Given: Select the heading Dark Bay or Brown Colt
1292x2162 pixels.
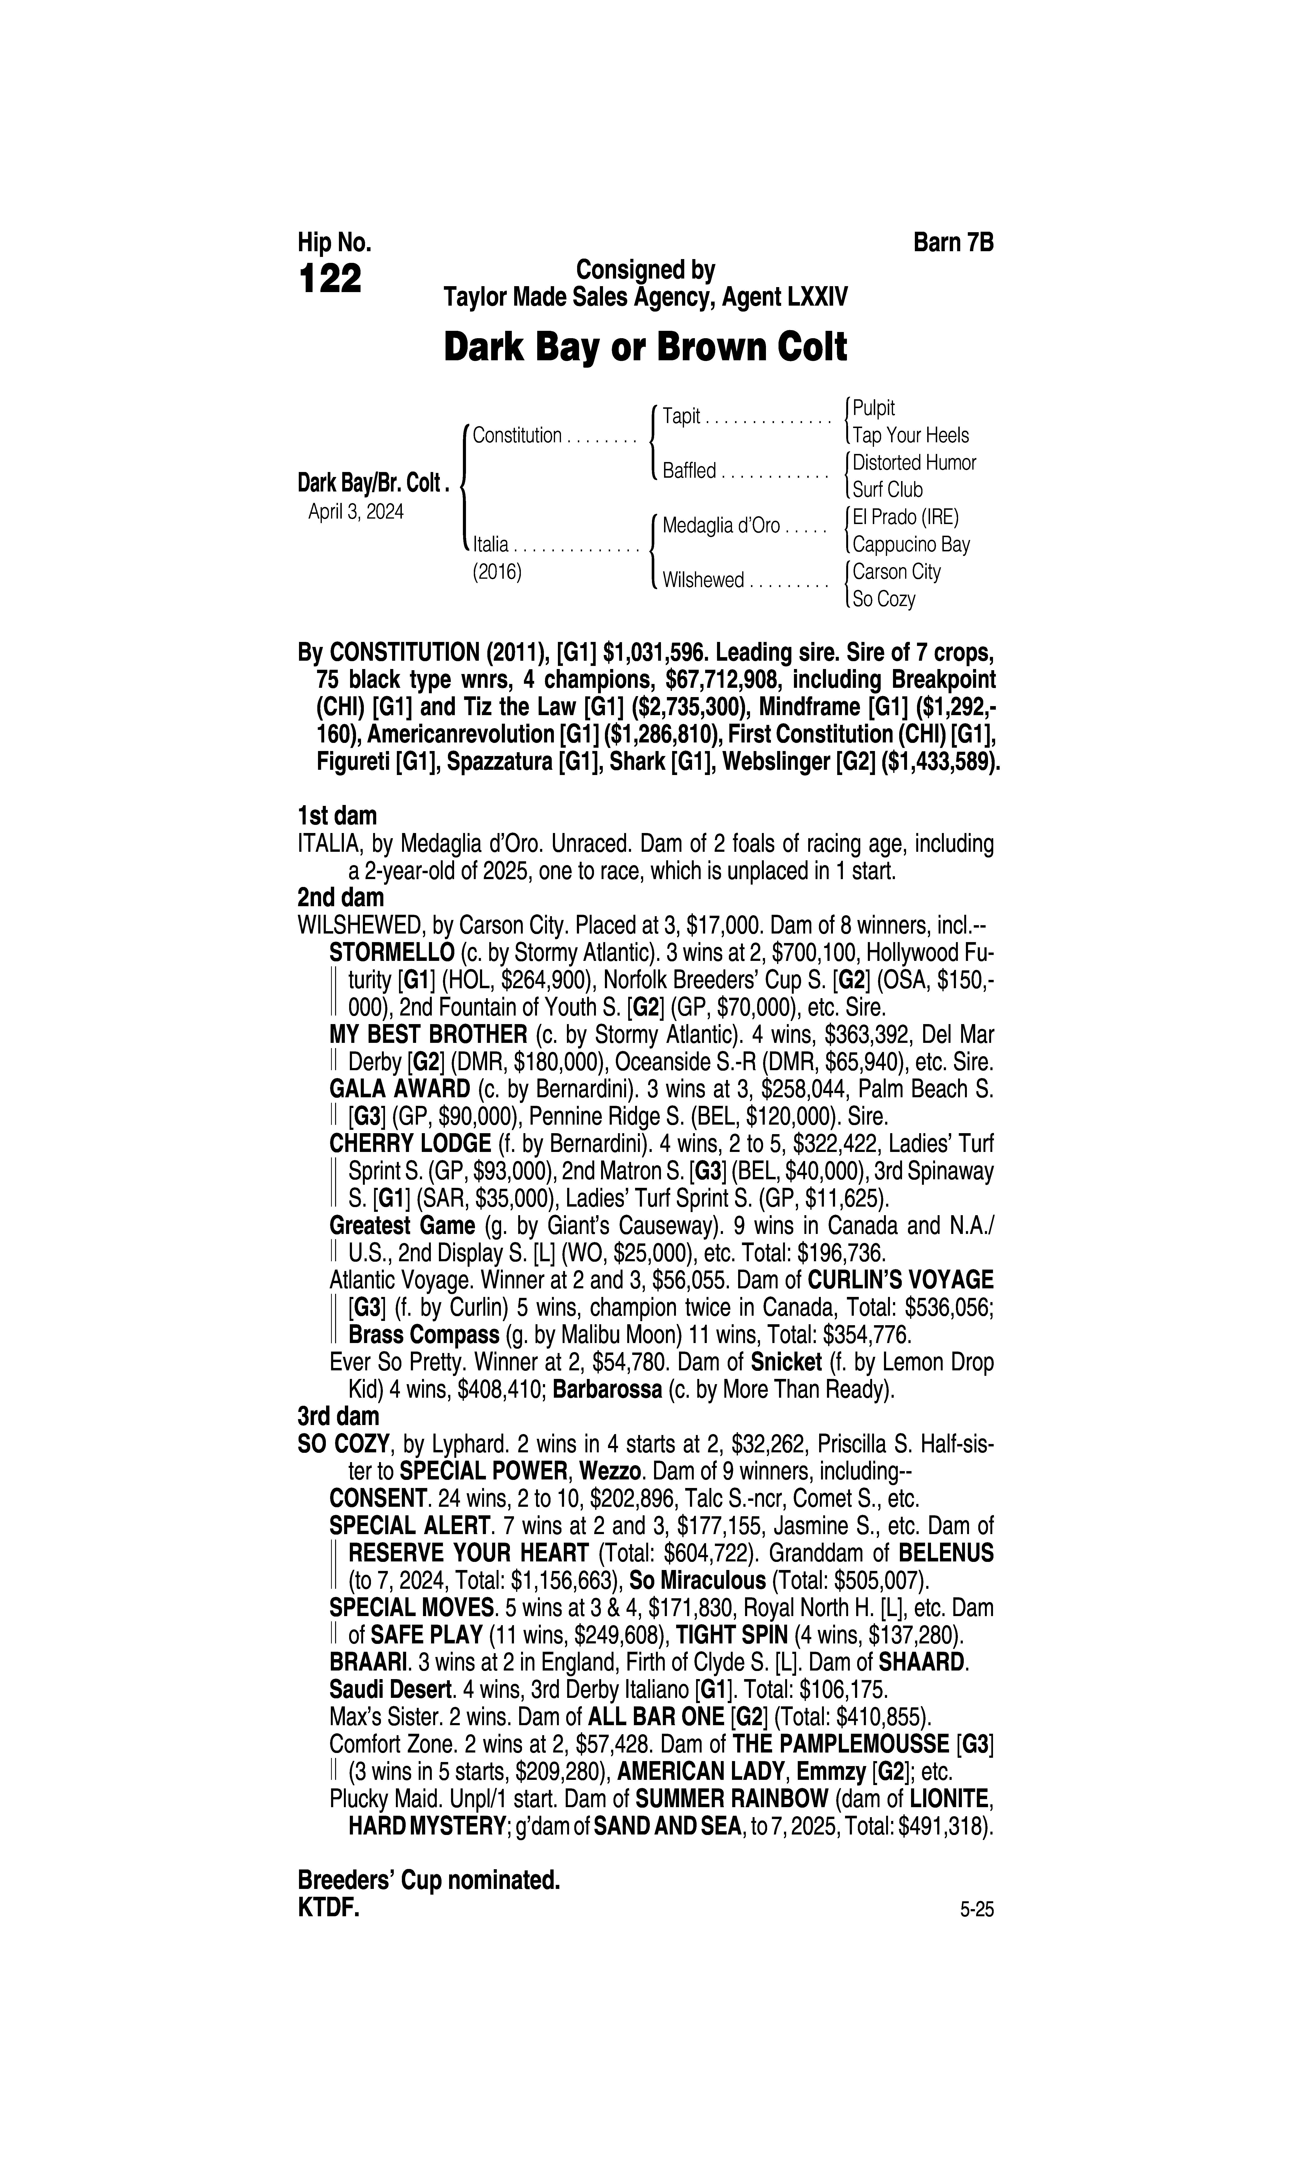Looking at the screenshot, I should (x=645, y=347).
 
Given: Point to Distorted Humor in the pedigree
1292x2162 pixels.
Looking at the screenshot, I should (x=914, y=462).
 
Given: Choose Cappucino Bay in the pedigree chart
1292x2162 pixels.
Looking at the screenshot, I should (x=911, y=544).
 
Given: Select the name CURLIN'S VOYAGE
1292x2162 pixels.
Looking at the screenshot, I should (x=900, y=1280).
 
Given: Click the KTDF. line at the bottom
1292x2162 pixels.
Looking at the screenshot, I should (x=328, y=1908).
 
